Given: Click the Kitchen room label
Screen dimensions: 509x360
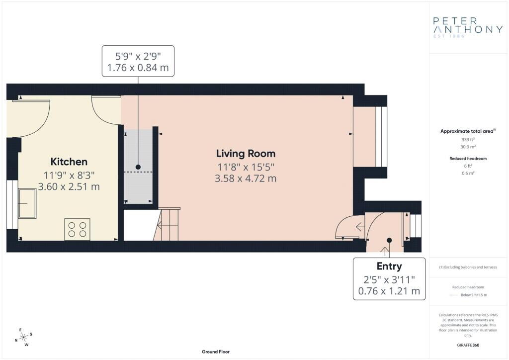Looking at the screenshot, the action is click(x=69, y=161).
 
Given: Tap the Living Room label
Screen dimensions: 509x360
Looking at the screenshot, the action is click(x=246, y=153).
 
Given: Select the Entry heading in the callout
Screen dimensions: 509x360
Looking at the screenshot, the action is click(x=389, y=266).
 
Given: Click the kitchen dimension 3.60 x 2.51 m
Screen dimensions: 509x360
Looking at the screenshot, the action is click(x=69, y=186).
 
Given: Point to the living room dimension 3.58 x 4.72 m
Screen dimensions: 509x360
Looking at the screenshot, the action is click(x=246, y=178).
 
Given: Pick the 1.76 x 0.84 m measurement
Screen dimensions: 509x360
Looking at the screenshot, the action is click(x=138, y=68).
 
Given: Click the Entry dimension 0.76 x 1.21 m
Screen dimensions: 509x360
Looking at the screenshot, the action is click(x=389, y=291).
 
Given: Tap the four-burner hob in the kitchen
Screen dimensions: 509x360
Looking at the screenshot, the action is click(x=77, y=230).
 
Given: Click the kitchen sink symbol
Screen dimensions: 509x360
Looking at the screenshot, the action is click(x=27, y=203).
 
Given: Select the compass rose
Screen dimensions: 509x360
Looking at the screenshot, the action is click(x=24, y=338).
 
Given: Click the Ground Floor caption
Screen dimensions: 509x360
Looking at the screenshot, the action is click(x=216, y=352).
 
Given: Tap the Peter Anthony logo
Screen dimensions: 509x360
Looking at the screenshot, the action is click(x=468, y=27).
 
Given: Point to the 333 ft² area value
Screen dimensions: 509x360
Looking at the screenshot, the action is click(x=468, y=140).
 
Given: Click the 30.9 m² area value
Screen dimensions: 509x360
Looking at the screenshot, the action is click(x=468, y=147).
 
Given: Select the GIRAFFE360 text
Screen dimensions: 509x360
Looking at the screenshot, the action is click(x=468, y=345).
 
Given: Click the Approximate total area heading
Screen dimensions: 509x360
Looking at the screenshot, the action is click(x=468, y=131).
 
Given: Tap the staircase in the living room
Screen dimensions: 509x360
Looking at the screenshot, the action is click(x=167, y=224).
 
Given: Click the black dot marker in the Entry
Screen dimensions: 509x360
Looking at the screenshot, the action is click(x=389, y=240).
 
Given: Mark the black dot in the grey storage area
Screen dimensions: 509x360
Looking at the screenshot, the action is click(x=138, y=167).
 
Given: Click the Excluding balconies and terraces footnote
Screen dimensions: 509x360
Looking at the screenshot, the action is click(x=468, y=267).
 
